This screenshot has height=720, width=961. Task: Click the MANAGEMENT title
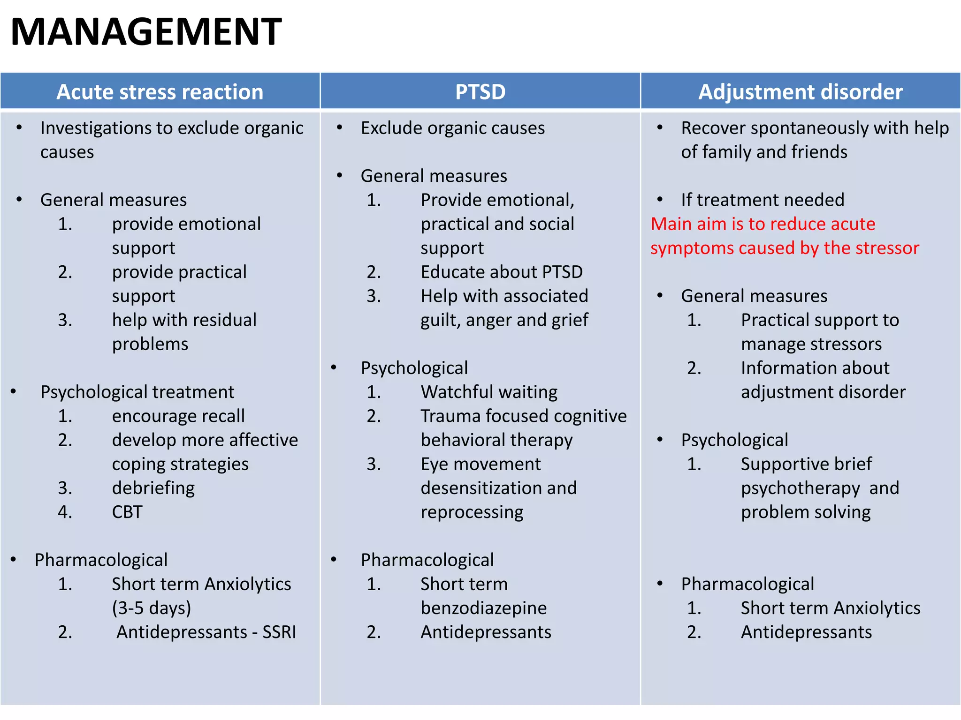click(x=146, y=32)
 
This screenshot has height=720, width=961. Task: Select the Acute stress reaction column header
click(x=160, y=92)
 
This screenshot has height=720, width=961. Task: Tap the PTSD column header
click(x=480, y=92)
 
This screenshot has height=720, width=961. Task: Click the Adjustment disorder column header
click(x=800, y=92)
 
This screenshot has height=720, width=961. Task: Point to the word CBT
click(x=127, y=512)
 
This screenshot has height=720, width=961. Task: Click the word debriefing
click(x=153, y=488)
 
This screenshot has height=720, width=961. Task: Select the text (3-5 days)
click(x=151, y=608)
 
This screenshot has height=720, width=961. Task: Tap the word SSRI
click(x=279, y=632)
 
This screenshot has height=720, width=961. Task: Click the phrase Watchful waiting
click(x=488, y=392)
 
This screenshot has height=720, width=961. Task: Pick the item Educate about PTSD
click(x=501, y=272)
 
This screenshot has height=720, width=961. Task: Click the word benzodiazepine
click(x=483, y=608)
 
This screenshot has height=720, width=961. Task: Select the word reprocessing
click(x=472, y=512)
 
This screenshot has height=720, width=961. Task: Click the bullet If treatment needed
click(x=762, y=200)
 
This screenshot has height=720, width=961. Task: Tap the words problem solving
click(x=805, y=512)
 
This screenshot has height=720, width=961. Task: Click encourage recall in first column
click(x=178, y=416)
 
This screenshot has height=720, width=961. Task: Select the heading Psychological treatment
click(x=137, y=392)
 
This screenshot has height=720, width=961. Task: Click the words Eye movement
click(x=480, y=464)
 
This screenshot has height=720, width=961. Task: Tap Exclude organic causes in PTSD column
click(x=452, y=128)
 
